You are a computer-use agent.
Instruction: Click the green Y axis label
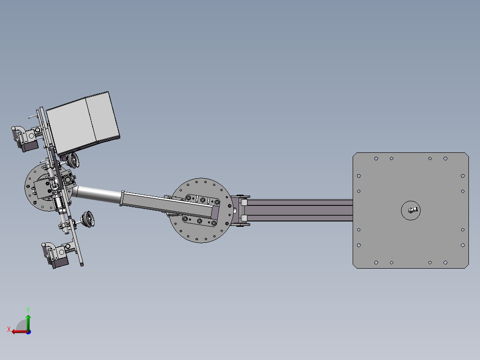coord(28,310)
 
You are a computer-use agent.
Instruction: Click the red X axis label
coord(8,329)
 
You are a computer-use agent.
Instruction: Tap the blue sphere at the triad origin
coord(28,332)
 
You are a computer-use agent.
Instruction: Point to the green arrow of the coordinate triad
coord(28,322)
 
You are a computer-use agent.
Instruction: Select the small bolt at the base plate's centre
coord(413,210)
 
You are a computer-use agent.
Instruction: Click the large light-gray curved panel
coord(83,123)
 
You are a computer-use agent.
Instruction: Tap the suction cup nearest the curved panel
coord(73,160)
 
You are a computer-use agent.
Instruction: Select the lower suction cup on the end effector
coord(88,219)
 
